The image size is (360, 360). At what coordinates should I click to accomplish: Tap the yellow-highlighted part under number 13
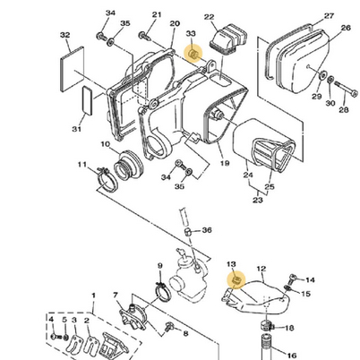coord(236,280)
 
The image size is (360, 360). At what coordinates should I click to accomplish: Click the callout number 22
coord(209,17)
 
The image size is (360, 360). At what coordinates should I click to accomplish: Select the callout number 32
coord(64,35)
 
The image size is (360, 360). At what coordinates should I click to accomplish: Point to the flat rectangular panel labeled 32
coord(73,69)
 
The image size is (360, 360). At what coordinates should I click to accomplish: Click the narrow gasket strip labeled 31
coord(87,100)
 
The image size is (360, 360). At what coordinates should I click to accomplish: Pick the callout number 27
coord(329,16)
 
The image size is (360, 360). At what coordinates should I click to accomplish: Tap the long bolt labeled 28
coord(347,89)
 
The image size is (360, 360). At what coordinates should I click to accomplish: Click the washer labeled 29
coord(322,75)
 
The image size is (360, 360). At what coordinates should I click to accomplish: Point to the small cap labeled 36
coord(187,232)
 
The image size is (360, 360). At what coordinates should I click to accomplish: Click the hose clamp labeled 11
coord(107,179)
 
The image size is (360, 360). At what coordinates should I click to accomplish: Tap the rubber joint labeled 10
coord(129,166)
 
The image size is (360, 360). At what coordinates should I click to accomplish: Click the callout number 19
coord(225,163)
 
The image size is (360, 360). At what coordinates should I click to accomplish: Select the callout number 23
coord(258,200)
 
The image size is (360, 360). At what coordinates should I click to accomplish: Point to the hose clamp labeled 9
coord(163,290)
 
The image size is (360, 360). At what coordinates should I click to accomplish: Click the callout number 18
coord(289,328)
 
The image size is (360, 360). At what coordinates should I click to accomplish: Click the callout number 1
coord(93,296)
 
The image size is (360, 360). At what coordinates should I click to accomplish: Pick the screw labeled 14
coord(293,279)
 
